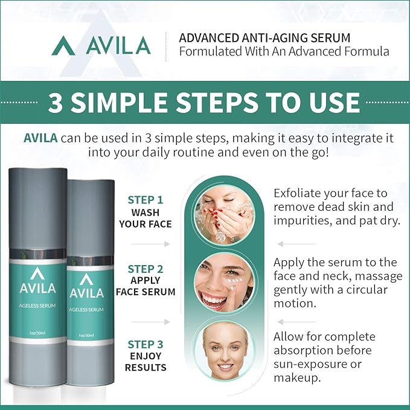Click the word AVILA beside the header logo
click(x=118, y=45)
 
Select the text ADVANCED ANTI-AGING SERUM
click(x=264, y=37)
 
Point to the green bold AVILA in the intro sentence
click(x=40, y=138)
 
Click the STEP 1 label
click(x=146, y=200)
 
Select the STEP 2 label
click(x=146, y=269)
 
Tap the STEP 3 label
click(x=146, y=344)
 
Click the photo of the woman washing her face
click(x=223, y=208)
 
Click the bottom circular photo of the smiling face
click(x=225, y=352)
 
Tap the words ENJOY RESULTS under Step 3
click(x=146, y=361)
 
